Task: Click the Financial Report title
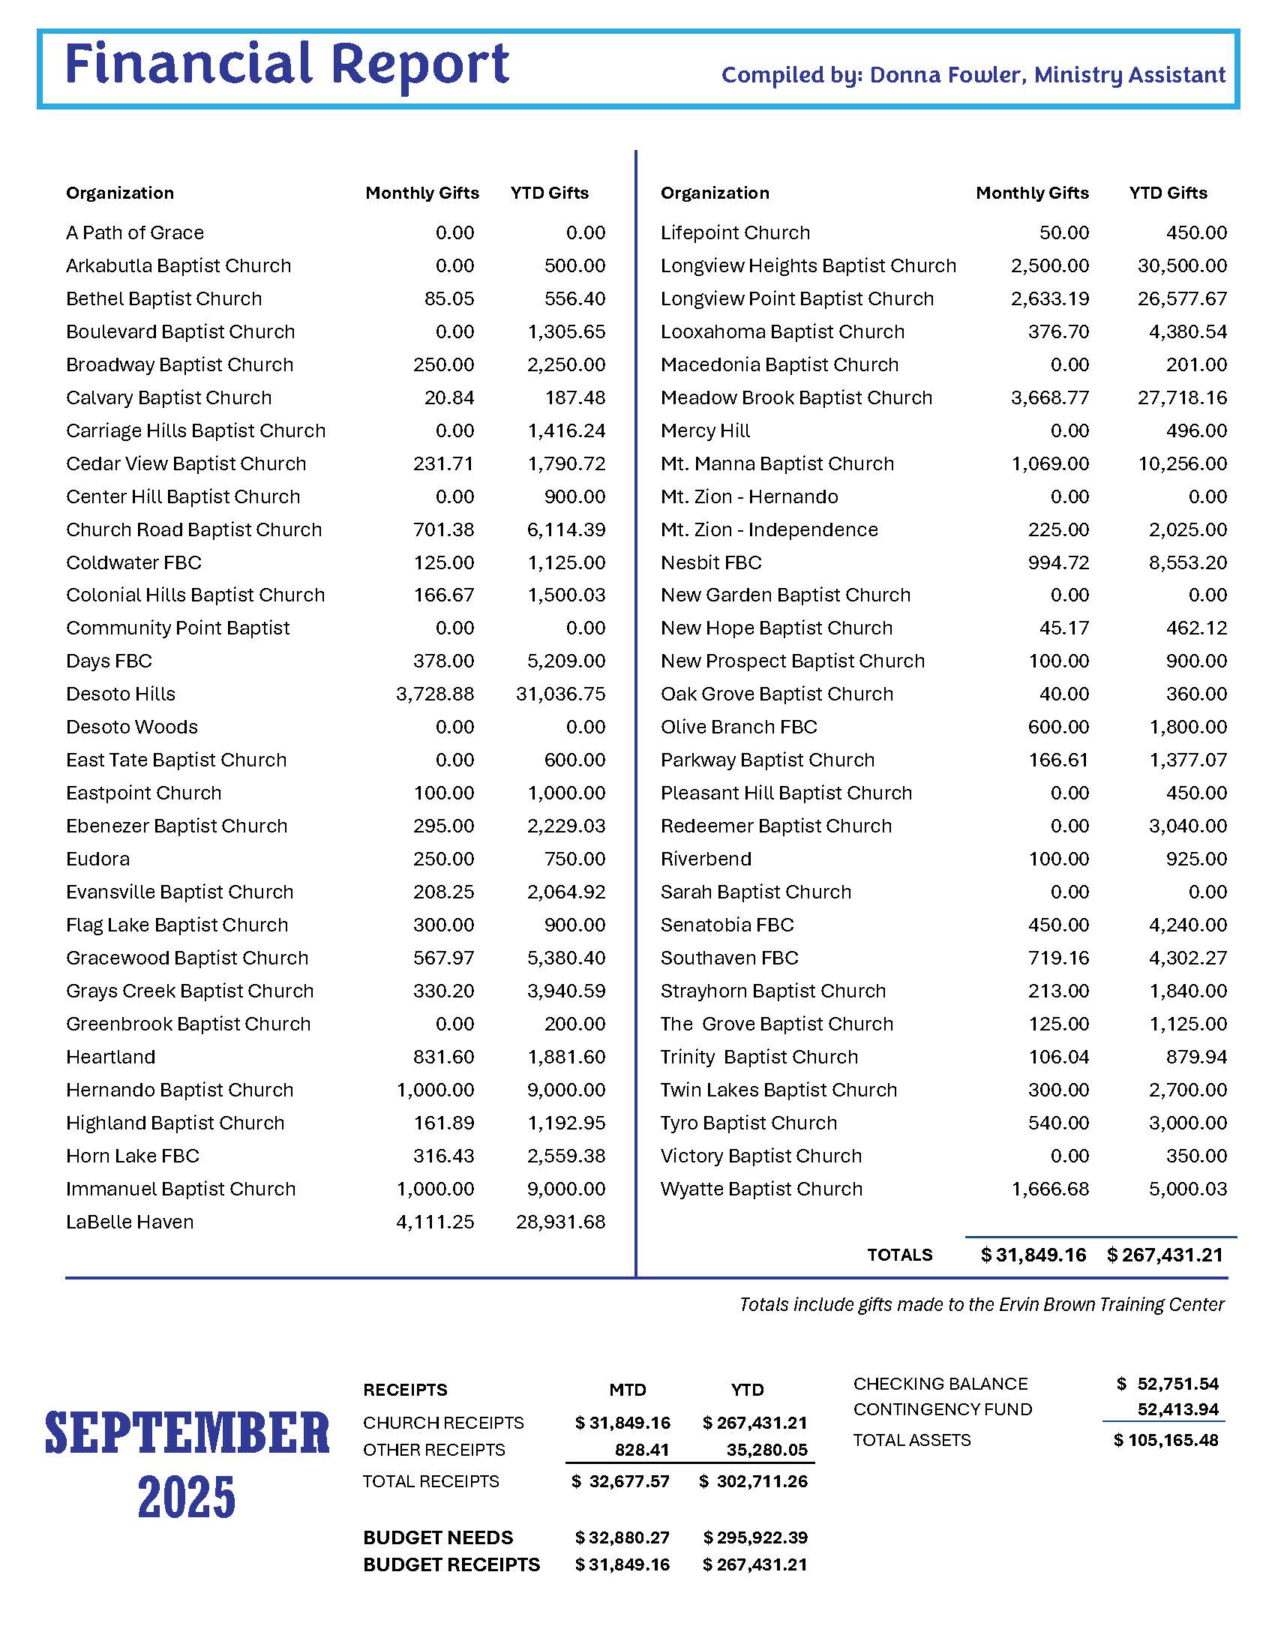287,64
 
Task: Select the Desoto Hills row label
121,694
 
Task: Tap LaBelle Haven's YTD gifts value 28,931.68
560,1222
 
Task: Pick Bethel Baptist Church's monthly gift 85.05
448,298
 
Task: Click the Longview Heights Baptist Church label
808,266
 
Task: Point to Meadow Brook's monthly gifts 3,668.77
1050,397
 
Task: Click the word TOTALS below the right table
899,1255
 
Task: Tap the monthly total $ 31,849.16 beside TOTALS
1033,1255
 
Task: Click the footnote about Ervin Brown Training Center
981,1304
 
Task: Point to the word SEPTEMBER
187,1433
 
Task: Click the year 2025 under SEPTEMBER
187,1498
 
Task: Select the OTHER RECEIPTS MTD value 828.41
641,1450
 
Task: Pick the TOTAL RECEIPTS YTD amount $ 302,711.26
753,1481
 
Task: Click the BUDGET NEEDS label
438,1537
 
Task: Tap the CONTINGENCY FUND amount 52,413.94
1177,1410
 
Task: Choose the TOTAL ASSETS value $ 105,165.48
1165,1440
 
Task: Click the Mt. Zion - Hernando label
749,496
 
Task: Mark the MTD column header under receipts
628,1390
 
